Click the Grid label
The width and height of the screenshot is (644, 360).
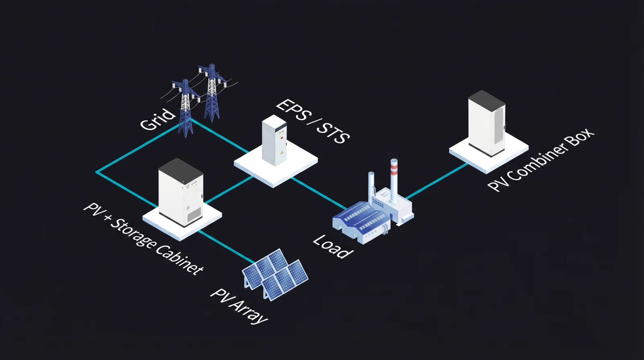(x=158, y=120)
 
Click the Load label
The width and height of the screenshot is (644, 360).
(x=333, y=246)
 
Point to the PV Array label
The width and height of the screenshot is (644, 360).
(x=239, y=306)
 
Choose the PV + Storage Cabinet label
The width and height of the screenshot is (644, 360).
(x=143, y=239)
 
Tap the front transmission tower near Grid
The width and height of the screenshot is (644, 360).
(x=185, y=109)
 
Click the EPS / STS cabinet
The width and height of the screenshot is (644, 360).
(x=275, y=141)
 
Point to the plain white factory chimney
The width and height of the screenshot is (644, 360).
(x=371, y=185)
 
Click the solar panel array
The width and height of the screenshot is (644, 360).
(x=275, y=274)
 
